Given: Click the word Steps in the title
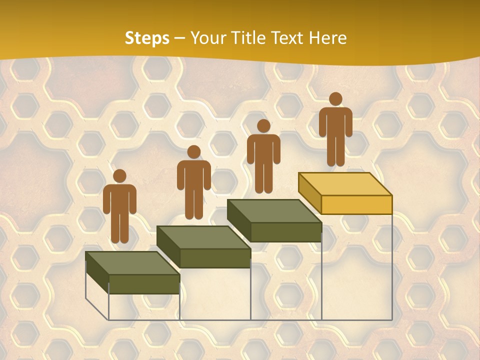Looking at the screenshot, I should (147, 38).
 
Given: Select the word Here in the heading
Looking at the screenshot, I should (327, 38).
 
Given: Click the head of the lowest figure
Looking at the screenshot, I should (119, 176).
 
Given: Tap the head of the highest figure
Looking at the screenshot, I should (335, 99).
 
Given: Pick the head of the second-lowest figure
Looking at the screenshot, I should (193, 152).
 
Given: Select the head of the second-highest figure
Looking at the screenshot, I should (263, 126).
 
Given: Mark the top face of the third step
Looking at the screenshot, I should (274, 211).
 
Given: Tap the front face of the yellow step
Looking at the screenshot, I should (356, 204).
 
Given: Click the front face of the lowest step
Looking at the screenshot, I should (144, 283).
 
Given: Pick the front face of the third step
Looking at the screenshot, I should (285, 232).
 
